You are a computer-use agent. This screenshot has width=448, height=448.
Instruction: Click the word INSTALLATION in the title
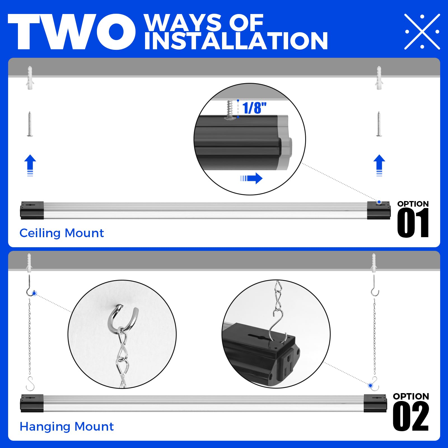(236, 41)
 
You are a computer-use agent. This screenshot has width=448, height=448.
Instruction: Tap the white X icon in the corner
(422, 32)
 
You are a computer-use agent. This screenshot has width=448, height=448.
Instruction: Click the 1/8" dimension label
(254, 108)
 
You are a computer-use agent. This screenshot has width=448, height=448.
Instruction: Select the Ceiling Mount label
(62, 233)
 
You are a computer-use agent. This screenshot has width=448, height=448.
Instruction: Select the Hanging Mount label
(67, 426)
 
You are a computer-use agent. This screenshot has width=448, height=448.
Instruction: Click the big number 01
(413, 223)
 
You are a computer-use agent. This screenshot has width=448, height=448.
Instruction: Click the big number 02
(411, 416)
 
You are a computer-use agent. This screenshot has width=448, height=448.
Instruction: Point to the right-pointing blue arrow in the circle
(252, 178)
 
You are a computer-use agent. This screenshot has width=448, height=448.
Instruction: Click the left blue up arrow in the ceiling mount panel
(30, 165)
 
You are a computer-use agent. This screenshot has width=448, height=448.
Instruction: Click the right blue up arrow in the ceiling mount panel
(379, 165)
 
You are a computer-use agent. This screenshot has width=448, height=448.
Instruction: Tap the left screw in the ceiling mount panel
(30, 124)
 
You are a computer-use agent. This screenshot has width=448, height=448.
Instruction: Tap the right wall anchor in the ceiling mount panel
(379, 78)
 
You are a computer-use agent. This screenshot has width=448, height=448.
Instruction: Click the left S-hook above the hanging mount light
(30, 384)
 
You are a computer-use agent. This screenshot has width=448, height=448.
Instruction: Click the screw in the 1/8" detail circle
(230, 109)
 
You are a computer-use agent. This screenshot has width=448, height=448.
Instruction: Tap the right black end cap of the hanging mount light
(375, 403)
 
